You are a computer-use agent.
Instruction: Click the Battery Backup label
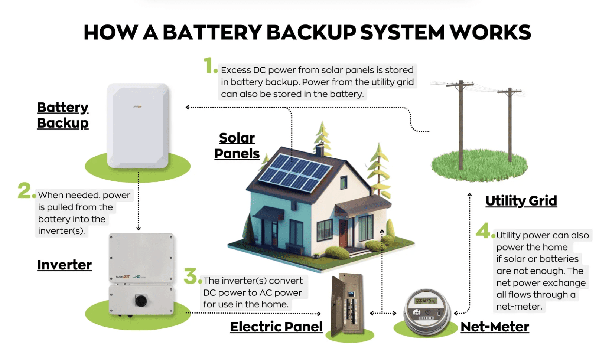coord(63,115)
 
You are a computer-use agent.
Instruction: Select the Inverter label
coord(64,265)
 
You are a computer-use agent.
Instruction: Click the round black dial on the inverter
coord(141,300)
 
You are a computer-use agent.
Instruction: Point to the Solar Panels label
coord(237,146)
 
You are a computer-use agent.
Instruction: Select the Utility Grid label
coord(521,201)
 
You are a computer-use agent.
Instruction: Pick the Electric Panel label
coord(276,327)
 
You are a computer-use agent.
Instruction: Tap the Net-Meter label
coord(495,327)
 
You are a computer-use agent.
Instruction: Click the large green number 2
coord(25,191)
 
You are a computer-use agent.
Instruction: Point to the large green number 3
coord(191,276)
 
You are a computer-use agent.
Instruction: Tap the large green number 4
coord(483,230)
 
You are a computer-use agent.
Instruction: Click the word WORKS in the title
coord(490,33)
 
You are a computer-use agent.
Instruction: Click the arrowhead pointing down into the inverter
coord(139,229)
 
